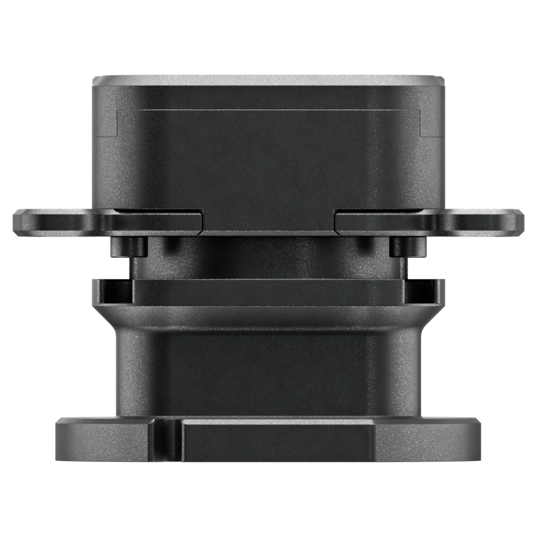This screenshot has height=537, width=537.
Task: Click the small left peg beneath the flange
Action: pyautogui.click(x=129, y=247)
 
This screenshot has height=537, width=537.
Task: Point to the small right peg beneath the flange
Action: pyautogui.click(x=407, y=247)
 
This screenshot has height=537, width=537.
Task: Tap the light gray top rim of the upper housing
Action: pyautogui.click(x=268, y=80)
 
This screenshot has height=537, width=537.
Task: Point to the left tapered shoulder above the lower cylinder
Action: pyautogui.click(x=106, y=317)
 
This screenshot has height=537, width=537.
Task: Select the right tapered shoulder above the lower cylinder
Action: pyautogui.click(x=431, y=317)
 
